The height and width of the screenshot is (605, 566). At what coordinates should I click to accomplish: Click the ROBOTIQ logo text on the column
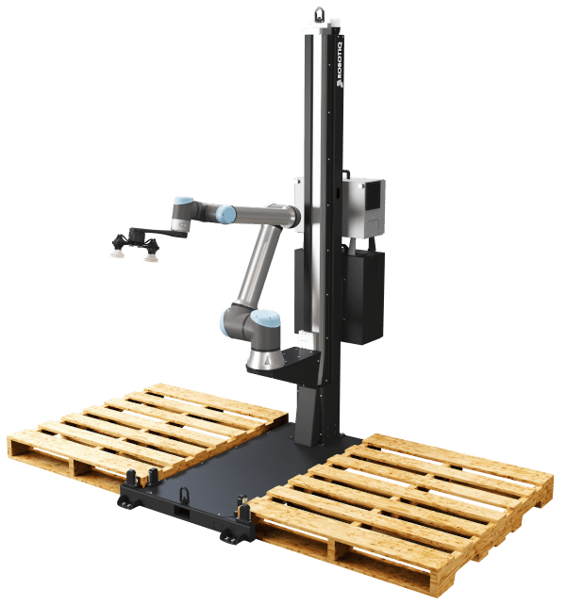click(340, 64)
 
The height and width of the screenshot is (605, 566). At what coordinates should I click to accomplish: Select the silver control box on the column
click(363, 207)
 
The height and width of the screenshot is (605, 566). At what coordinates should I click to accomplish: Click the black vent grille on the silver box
click(374, 196)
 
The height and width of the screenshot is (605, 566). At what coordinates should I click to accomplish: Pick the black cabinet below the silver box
click(363, 296)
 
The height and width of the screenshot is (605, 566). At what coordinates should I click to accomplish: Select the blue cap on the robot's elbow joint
click(226, 214)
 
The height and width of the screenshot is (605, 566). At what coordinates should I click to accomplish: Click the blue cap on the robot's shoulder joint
click(265, 318)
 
